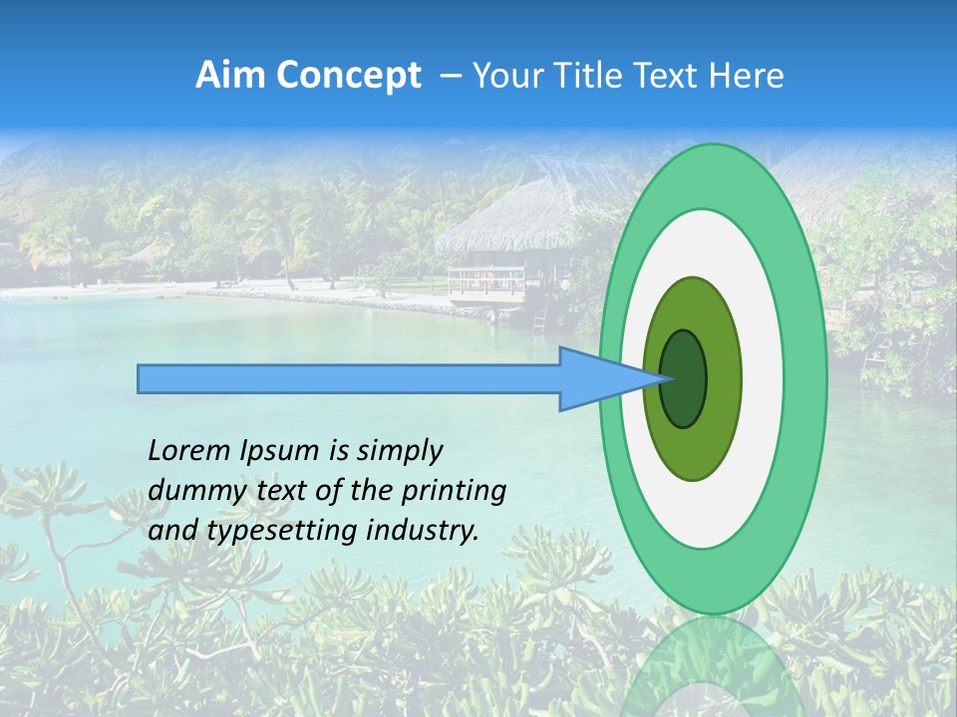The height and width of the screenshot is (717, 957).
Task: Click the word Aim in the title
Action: click(x=232, y=76)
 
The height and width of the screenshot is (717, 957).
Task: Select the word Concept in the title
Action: click(x=350, y=76)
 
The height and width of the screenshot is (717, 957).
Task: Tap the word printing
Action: click(x=454, y=491)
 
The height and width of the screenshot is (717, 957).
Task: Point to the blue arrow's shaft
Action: click(x=349, y=379)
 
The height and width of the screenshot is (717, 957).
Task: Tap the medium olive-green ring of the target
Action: click(x=723, y=379)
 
